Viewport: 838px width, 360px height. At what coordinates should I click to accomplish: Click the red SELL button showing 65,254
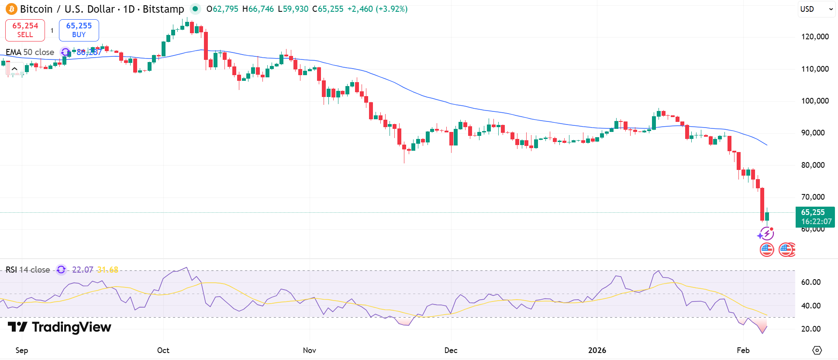pyautogui.click(x=25, y=30)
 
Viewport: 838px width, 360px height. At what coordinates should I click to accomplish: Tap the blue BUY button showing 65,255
pyautogui.click(x=79, y=30)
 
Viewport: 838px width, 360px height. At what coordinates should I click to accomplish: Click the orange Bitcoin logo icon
pyautogui.click(x=11, y=9)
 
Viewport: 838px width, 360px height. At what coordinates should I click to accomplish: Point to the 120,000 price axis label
pyautogui.click(x=815, y=37)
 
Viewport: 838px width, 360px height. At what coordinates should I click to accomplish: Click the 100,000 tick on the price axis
pyautogui.click(x=815, y=101)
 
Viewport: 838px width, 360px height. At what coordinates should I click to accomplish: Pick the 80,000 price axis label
pyautogui.click(x=813, y=165)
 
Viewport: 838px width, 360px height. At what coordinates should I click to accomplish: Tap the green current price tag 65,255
pyautogui.click(x=815, y=217)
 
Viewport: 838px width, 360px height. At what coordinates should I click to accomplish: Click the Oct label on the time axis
pyautogui.click(x=163, y=350)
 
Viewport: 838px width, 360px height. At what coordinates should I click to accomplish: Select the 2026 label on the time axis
pyautogui.click(x=597, y=350)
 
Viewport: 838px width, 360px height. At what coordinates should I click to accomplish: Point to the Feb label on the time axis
pyautogui.click(x=743, y=350)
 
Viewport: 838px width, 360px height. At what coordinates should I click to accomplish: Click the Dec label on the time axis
pyautogui.click(x=451, y=350)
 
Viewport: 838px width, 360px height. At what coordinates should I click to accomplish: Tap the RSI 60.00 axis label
pyautogui.click(x=811, y=282)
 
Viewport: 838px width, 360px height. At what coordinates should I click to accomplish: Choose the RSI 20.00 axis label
pyautogui.click(x=811, y=329)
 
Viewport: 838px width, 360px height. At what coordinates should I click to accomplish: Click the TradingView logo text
pyautogui.click(x=60, y=327)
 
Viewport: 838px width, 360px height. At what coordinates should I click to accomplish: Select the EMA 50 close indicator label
pyautogui.click(x=30, y=52)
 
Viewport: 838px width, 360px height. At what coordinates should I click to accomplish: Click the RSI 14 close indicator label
pyautogui.click(x=28, y=270)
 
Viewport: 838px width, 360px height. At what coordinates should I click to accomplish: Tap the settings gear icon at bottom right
pyautogui.click(x=817, y=350)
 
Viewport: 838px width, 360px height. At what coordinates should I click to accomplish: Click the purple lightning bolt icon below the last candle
pyautogui.click(x=766, y=234)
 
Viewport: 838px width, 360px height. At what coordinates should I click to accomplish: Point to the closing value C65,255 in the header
pyautogui.click(x=328, y=9)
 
